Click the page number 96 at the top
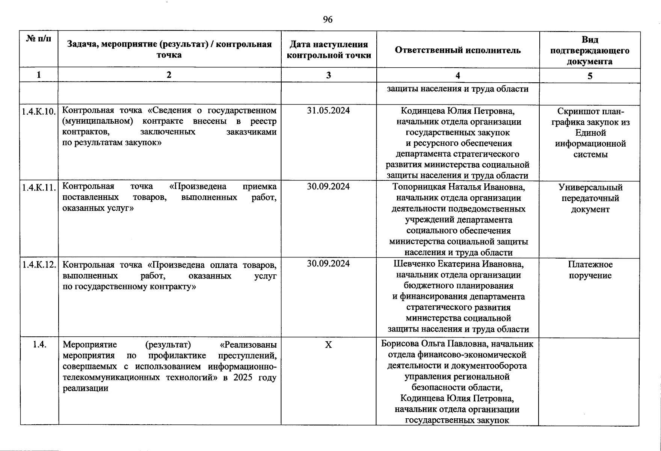click(x=327, y=20)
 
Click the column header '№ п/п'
click(x=39, y=39)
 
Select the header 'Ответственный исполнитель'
click(x=457, y=50)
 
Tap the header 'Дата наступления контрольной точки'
click(x=329, y=50)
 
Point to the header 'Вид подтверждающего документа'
click(x=590, y=50)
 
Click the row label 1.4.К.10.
click(x=39, y=111)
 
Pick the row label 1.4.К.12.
click(x=39, y=265)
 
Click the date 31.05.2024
click(x=328, y=110)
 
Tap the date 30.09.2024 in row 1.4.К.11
click(x=328, y=187)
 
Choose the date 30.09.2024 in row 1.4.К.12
click(x=328, y=264)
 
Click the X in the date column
click(x=328, y=345)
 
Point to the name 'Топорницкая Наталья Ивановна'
click(x=459, y=187)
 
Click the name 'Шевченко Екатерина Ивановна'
click(x=459, y=264)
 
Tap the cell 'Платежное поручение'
click(x=590, y=270)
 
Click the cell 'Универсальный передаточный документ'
click(x=590, y=198)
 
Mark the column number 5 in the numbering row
click(x=590, y=76)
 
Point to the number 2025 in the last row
click(x=244, y=377)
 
